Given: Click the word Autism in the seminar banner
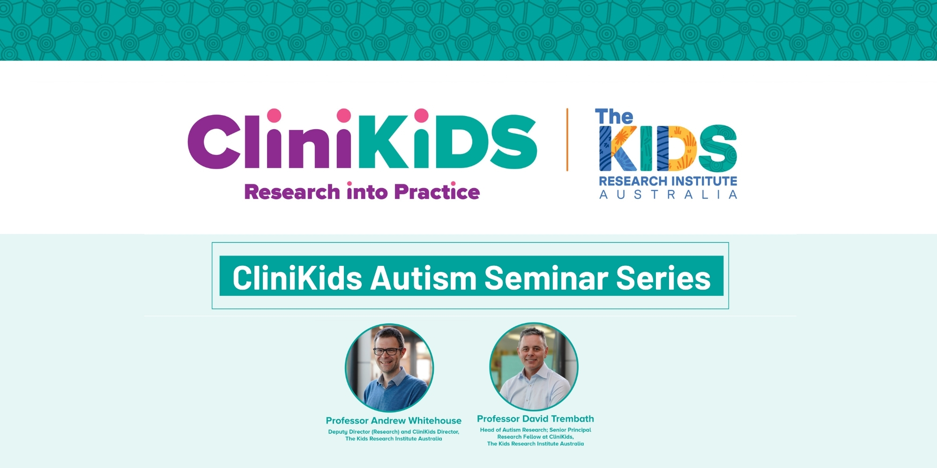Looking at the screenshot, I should [424, 278].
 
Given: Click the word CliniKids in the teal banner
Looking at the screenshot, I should [297, 278].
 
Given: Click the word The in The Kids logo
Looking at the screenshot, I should [614, 117].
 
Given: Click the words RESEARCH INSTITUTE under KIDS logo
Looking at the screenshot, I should [668, 181].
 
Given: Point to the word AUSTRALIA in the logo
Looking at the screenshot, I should [668, 195].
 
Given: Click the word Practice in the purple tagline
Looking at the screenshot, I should [437, 192].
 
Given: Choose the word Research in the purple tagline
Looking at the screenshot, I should [292, 192].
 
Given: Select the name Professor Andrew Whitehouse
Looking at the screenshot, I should [394, 421].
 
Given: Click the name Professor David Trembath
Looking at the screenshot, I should [535, 419].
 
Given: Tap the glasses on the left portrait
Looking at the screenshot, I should [388, 351].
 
